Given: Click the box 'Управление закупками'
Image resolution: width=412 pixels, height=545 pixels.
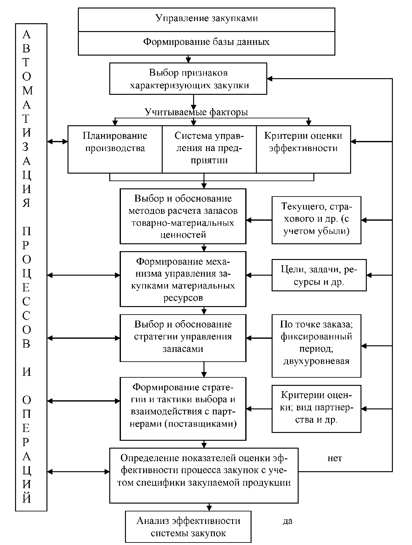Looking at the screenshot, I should tap(206, 19).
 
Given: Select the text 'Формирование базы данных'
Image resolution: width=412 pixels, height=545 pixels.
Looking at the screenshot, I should tap(206, 42).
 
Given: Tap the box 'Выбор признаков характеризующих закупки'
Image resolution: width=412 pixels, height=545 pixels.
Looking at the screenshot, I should tap(188, 79).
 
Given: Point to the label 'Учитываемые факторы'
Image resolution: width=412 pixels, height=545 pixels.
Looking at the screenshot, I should tap(196, 112).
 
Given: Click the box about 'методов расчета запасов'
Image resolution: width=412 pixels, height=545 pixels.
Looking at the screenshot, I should tap(183, 216).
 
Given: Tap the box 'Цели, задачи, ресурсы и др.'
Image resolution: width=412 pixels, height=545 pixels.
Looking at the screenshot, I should tap(319, 275).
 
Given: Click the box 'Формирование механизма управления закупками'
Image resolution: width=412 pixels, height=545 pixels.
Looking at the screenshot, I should tap(183, 279).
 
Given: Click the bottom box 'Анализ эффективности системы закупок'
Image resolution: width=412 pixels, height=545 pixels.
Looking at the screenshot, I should tap(188, 527).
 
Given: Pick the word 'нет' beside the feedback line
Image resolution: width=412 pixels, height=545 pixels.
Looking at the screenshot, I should tap(335, 459).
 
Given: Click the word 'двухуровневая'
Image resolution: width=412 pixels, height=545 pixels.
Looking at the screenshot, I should tap(316, 361).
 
